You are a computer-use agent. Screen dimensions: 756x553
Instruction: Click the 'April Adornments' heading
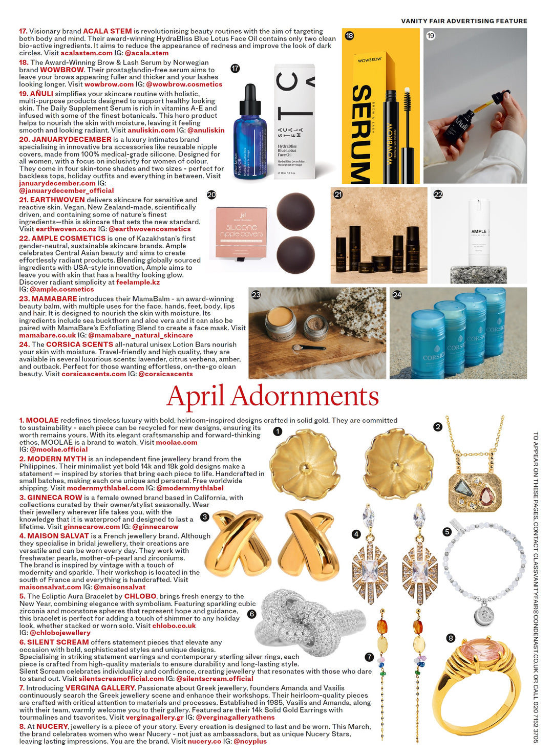[272, 396]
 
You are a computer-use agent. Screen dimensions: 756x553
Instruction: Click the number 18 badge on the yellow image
[349, 36]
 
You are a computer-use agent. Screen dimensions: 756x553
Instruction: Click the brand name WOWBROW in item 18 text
[62, 70]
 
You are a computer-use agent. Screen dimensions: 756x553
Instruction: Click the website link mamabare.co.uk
[47, 335]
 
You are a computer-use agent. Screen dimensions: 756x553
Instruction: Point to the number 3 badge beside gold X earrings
[205, 517]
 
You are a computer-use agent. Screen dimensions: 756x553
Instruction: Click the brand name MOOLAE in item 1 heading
[42, 420]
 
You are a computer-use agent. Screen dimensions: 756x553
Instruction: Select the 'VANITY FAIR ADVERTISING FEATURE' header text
[464, 21]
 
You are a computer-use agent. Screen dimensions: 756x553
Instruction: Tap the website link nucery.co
[204, 741]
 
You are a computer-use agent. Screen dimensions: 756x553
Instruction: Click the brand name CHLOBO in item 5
[140, 596]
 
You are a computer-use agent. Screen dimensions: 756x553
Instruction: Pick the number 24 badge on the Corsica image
[397, 295]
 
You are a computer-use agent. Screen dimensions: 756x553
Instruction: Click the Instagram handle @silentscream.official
[215, 679]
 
